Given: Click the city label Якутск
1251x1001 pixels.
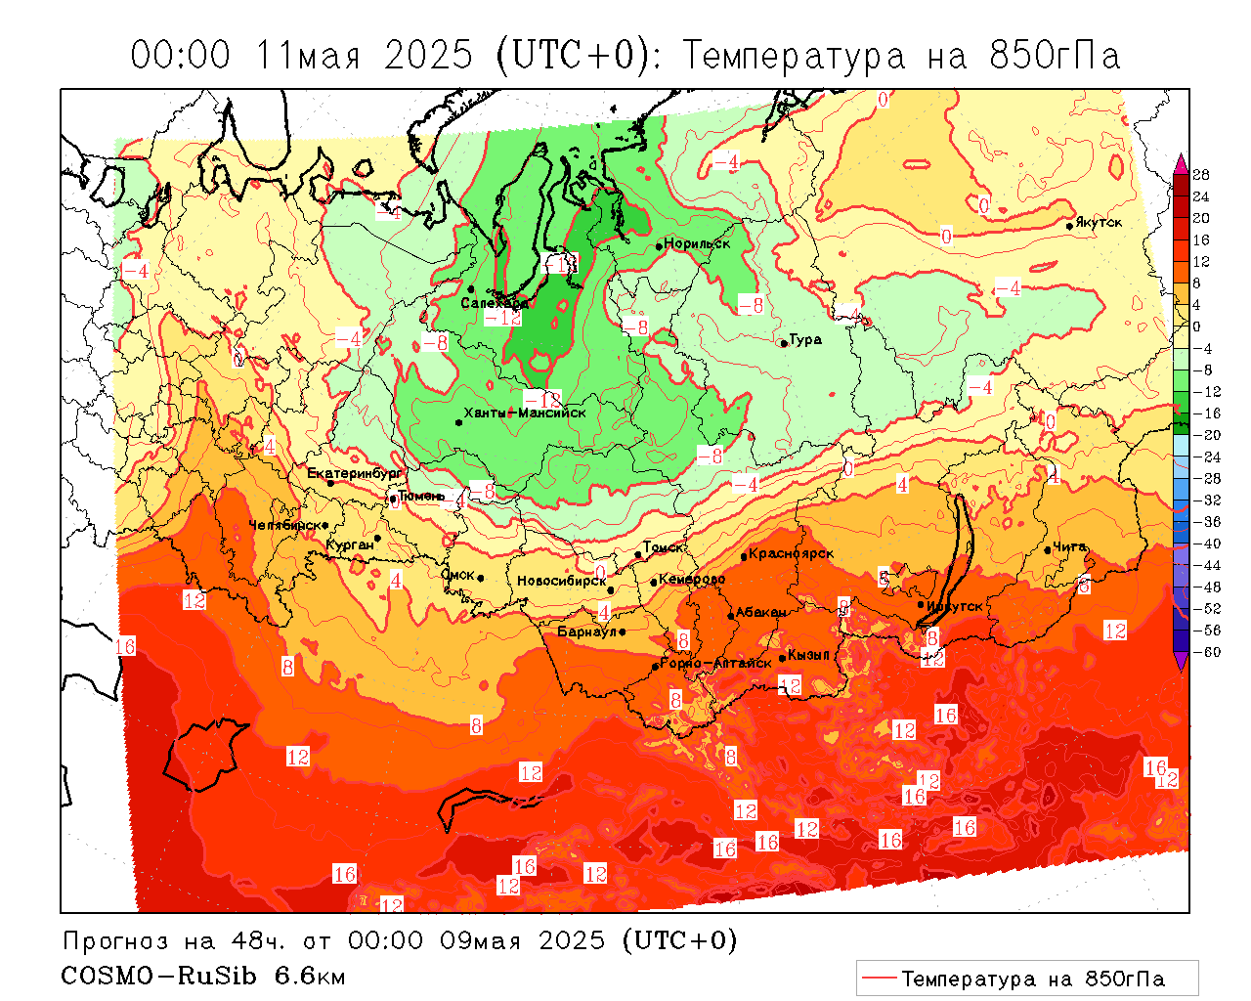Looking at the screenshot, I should pos(1099,223).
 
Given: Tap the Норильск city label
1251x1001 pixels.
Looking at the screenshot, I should pos(697,243).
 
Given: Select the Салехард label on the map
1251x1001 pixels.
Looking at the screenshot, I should pos(494,303).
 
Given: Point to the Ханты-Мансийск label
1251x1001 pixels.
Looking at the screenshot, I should pos(525,413).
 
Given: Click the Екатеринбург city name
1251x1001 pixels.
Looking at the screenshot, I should pos(354,473).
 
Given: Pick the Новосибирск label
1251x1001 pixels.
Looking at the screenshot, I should pos(561,581).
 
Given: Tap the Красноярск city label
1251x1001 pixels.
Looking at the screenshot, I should pos(792,553).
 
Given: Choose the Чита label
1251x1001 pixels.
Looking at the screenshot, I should pos(1069,546).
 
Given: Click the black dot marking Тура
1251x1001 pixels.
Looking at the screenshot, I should pos(783,343).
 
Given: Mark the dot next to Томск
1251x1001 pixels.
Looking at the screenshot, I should pos(638,554).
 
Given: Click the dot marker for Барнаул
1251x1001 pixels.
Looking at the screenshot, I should pos(622,631).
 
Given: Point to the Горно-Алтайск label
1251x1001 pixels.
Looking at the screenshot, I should pos(716,663).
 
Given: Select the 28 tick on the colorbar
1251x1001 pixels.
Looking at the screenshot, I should pos(1201,175).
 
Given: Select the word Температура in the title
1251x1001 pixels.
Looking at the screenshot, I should pos(794,56).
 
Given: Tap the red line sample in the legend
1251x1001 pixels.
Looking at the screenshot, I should pos(879,978).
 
